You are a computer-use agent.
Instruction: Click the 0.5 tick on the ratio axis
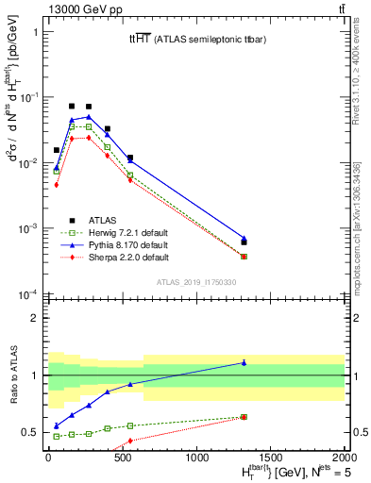pos(30,432)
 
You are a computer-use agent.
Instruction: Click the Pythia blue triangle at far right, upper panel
pos(244,239)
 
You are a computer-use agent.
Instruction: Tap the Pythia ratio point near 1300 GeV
pos(244,362)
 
